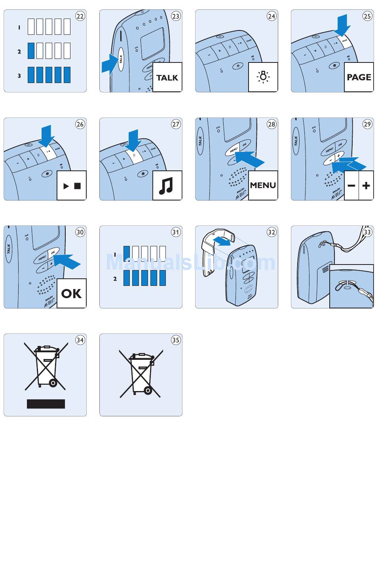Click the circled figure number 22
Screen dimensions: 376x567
click(x=80, y=16)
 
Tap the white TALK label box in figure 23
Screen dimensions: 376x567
click(x=167, y=77)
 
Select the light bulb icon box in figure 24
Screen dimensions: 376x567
click(x=263, y=77)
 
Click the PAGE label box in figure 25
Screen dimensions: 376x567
click(x=359, y=77)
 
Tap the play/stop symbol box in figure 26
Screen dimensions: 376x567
click(x=72, y=185)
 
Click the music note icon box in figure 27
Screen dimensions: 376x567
click(x=167, y=185)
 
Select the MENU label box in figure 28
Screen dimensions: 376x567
click(x=263, y=185)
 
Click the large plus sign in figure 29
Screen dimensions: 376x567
click(x=366, y=185)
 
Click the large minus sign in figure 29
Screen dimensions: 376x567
click(x=351, y=185)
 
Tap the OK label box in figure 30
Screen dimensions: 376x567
click(x=72, y=293)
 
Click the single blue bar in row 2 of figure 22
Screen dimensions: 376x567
click(x=31, y=51)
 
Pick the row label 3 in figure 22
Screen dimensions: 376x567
click(x=19, y=76)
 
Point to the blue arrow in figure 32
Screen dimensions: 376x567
click(x=221, y=241)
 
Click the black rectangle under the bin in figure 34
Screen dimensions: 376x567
click(x=46, y=404)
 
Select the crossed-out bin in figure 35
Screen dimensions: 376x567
click(x=141, y=374)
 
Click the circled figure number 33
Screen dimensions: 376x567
click(x=367, y=232)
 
